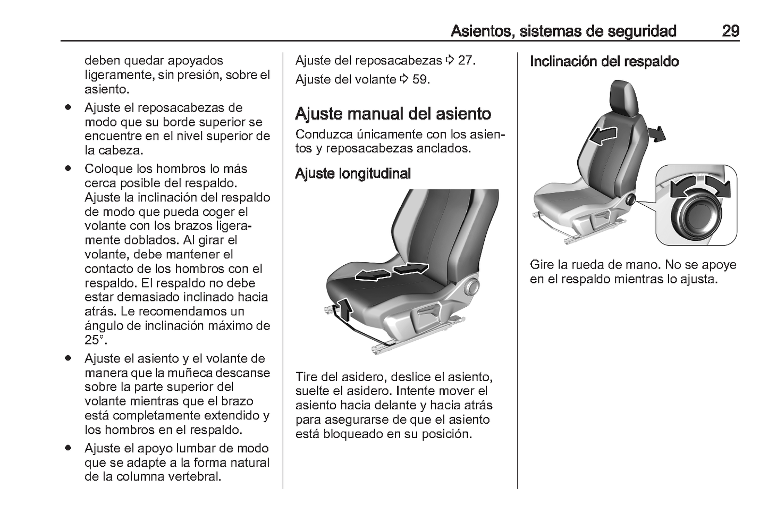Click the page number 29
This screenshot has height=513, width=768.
point(730,31)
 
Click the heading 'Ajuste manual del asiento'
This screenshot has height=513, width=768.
point(393,114)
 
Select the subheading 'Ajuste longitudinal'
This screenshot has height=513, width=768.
point(353,174)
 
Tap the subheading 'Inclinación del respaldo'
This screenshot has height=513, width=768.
point(604,62)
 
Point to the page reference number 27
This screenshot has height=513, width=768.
point(466,61)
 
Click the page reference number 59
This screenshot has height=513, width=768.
point(420,80)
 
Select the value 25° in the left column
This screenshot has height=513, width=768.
point(96,340)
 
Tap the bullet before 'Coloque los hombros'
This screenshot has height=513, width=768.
point(68,169)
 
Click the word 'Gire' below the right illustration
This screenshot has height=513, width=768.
point(542,265)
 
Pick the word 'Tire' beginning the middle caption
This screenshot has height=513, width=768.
point(307,377)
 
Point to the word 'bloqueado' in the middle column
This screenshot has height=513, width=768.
point(355,434)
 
